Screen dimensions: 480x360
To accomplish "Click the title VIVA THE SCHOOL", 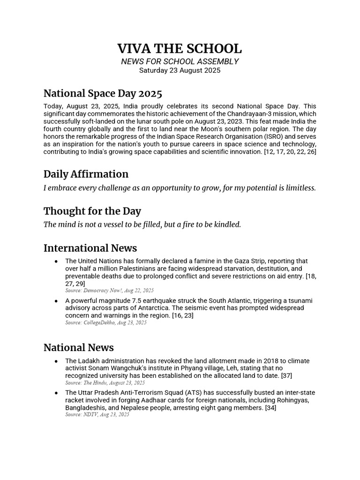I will coord(180,49).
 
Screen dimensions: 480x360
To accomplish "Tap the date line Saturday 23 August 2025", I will coord(180,71).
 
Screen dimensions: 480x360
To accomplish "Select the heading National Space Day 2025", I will coord(103,94).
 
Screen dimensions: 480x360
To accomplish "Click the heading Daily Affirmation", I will coord(86,174).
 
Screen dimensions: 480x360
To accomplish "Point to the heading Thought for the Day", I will coord(92,211).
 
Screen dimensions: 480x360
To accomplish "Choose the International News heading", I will coord(90,247).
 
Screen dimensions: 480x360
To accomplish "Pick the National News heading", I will coord(78,347).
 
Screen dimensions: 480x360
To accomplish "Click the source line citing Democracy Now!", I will coord(109,291).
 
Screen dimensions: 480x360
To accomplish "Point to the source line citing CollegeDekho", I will coord(105,322).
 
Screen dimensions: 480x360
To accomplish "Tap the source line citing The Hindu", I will coord(105,383).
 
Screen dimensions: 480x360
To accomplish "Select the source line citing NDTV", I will coord(97,414).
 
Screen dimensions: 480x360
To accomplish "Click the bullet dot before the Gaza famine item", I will coord(56,261).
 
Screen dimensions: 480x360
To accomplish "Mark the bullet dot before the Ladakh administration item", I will coord(56,361).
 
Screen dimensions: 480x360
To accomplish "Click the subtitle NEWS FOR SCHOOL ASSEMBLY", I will coord(180,61).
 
